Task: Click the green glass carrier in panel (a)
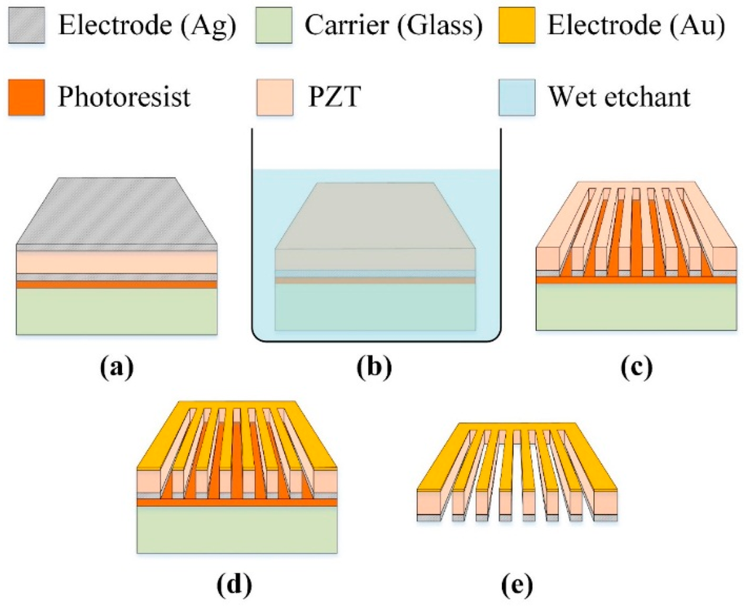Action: (117, 311)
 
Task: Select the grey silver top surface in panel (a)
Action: (117, 211)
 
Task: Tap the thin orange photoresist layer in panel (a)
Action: (117, 285)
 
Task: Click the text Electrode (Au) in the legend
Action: (636, 28)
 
